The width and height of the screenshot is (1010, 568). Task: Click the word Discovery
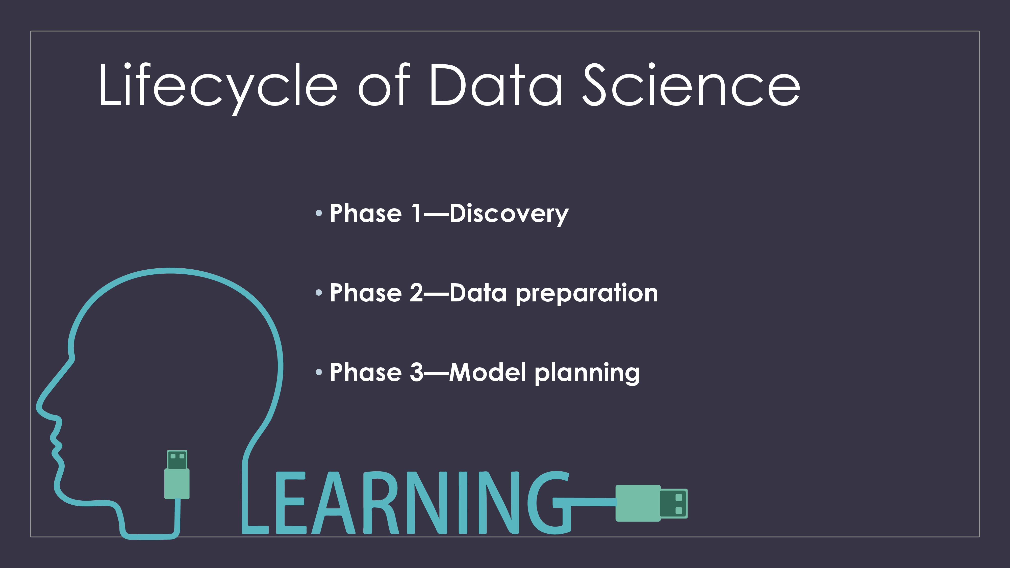(509, 214)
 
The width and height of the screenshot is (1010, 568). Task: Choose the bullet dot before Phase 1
(318, 213)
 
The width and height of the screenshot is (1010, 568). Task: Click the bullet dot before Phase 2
(318, 292)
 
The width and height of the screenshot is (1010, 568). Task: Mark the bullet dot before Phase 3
(318, 372)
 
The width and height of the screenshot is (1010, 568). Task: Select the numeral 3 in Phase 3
(416, 372)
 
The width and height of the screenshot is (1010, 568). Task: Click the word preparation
(587, 294)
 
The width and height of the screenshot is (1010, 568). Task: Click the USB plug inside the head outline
(177, 474)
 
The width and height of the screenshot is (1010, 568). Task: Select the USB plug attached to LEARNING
(651, 503)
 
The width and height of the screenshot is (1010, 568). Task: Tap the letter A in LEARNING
(333, 503)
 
